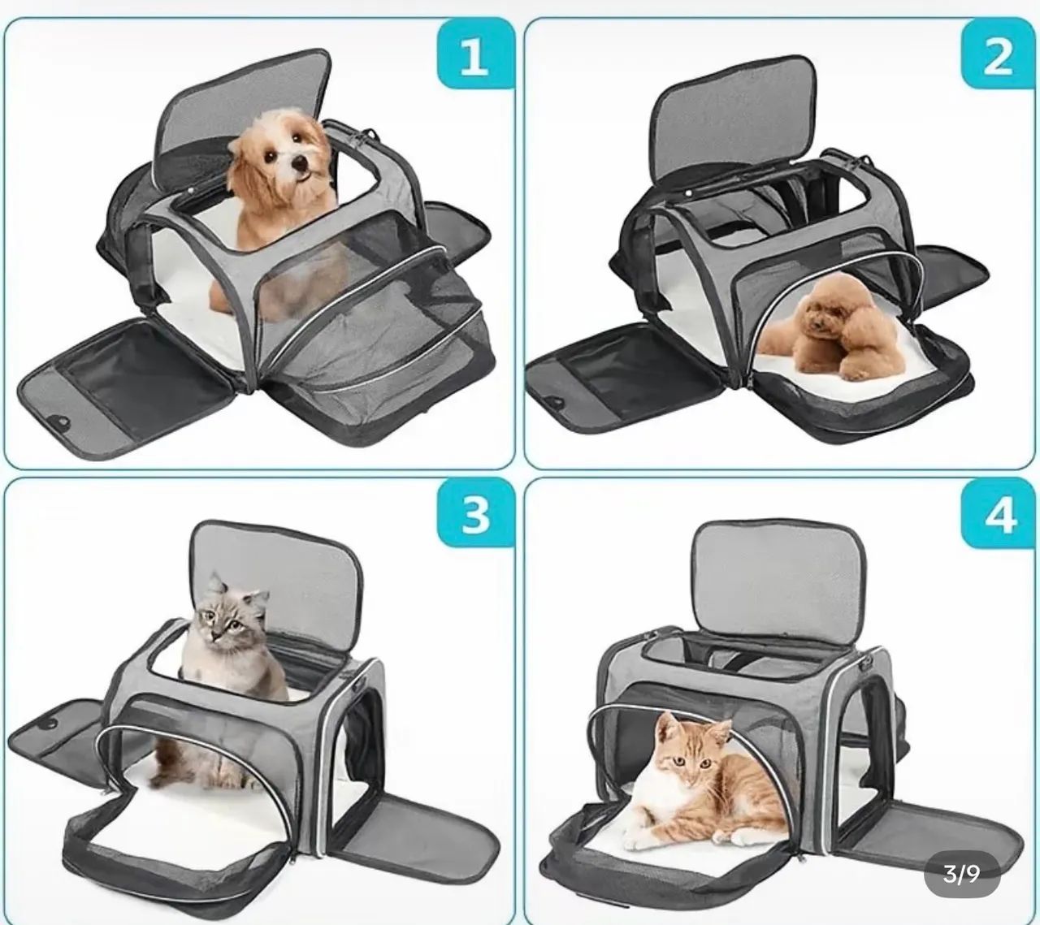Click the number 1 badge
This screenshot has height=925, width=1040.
pos(474,58)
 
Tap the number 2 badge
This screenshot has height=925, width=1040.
pos(998,58)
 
